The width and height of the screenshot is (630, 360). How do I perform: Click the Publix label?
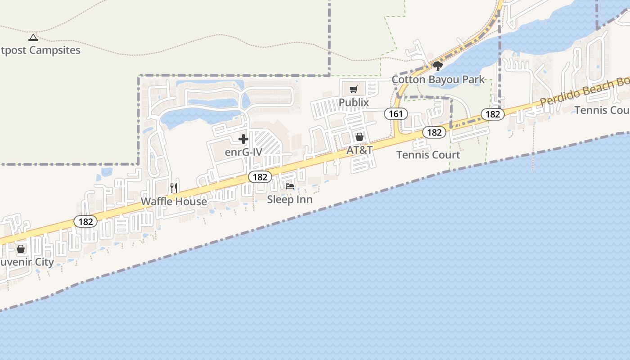354,103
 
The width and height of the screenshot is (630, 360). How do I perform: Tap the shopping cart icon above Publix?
354,89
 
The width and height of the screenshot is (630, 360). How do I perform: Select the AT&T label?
360,150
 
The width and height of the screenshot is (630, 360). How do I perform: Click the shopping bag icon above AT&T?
360,137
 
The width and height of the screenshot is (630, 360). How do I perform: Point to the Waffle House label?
174,201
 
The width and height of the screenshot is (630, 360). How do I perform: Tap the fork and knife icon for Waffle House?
174,188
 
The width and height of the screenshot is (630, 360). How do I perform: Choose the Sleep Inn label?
290,199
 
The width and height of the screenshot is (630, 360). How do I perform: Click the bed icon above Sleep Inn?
290,186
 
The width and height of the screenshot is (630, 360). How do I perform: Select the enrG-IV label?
243,152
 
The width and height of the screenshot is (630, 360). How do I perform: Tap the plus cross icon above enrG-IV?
243,139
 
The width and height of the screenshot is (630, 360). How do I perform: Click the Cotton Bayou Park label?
438,80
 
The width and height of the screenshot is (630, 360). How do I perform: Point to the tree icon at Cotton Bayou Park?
437,67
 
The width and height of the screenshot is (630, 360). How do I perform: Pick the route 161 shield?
396,114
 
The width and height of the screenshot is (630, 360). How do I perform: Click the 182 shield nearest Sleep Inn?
260,177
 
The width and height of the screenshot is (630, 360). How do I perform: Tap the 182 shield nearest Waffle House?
85,221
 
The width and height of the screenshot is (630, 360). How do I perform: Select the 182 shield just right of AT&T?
434,132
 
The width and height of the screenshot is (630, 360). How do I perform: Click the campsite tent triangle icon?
33,37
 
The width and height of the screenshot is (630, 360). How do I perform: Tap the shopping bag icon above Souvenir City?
21,249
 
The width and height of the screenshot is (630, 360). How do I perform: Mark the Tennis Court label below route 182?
428,155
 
